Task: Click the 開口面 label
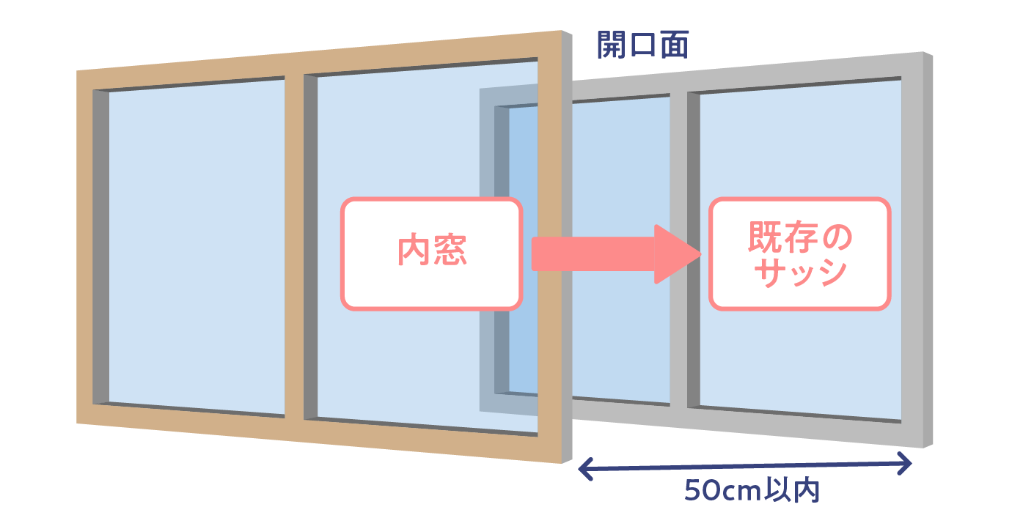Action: pyautogui.click(x=642, y=45)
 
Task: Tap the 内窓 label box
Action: pyautogui.click(x=431, y=254)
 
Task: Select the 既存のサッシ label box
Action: pyautogui.click(x=799, y=254)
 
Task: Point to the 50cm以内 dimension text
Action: pyautogui.click(x=752, y=490)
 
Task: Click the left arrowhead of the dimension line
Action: pyautogui.click(x=585, y=469)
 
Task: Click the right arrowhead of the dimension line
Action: pyautogui.click(x=904, y=463)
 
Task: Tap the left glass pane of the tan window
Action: pyautogui.click(x=197, y=247)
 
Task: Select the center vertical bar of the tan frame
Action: pyautogui.click(x=293, y=247)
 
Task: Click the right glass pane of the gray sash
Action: pyautogui.click(x=800, y=251)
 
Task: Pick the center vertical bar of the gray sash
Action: pyautogui.click(x=678, y=251)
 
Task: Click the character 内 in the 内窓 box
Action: pyautogui.click(x=413, y=250)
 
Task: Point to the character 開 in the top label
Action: pyautogui.click(x=612, y=45)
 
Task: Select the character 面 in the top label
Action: pyautogui.click(x=675, y=45)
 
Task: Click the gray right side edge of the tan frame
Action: pyautogui.click(x=567, y=247)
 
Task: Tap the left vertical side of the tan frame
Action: pyautogui.click(x=84, y=247)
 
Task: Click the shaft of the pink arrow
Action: pyautogui.click(x=593, y=254)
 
